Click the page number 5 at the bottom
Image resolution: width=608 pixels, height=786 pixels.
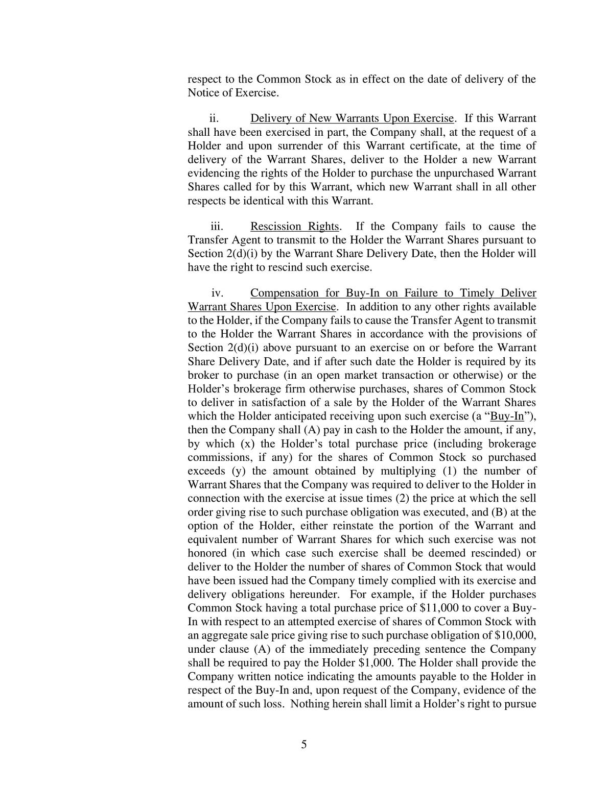point(304,744)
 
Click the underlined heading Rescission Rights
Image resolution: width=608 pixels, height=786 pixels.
point(294,226)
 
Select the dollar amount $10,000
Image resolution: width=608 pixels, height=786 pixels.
point(516,635)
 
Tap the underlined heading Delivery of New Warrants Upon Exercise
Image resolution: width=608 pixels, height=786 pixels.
point(352,118)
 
